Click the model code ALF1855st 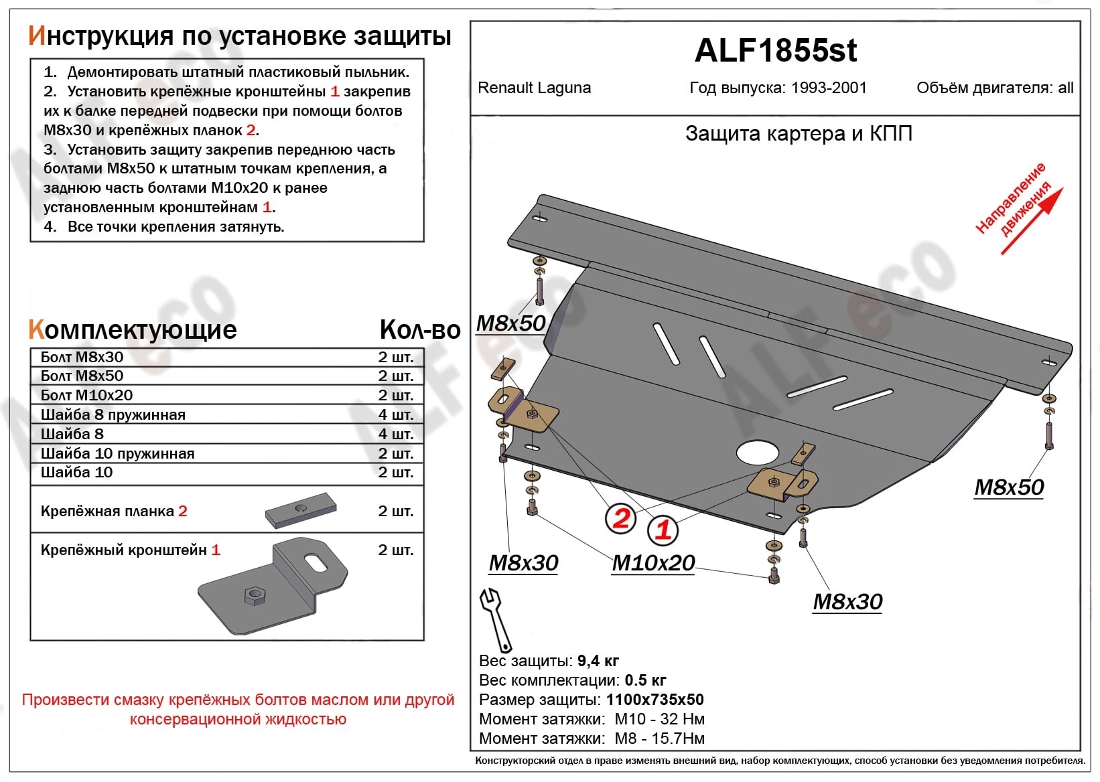(775, 51)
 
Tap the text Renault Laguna (534, 88)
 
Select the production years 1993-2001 (829, 88)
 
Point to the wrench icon (495, 619)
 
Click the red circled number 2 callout (621, 518)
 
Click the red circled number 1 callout (663, 530)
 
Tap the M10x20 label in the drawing (653, 563)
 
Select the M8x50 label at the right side (1009, 487)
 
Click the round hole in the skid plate (758, 453)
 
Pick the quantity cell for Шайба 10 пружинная (395, 453)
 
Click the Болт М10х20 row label (86, 395)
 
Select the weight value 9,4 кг (598, 661)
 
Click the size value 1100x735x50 (655, 700)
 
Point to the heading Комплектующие (133, 329)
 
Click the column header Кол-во (419, 329)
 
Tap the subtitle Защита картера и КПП (799, 134)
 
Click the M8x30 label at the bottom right (847, 602)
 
